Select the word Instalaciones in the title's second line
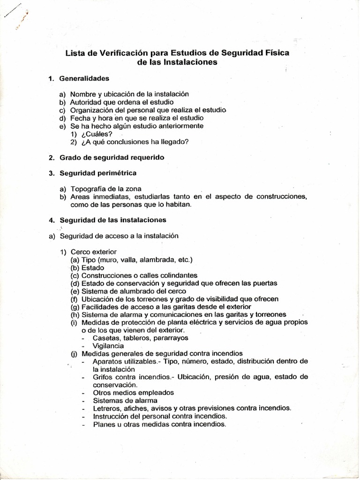tap(191, 62)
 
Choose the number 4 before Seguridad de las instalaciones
tap(51, 219)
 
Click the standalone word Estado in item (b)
tap(93, 268)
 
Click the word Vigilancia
tap(109, 346)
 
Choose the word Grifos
tap(103, 376)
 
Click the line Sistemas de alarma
tap(118, 400)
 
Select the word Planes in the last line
tap(104, 424)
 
